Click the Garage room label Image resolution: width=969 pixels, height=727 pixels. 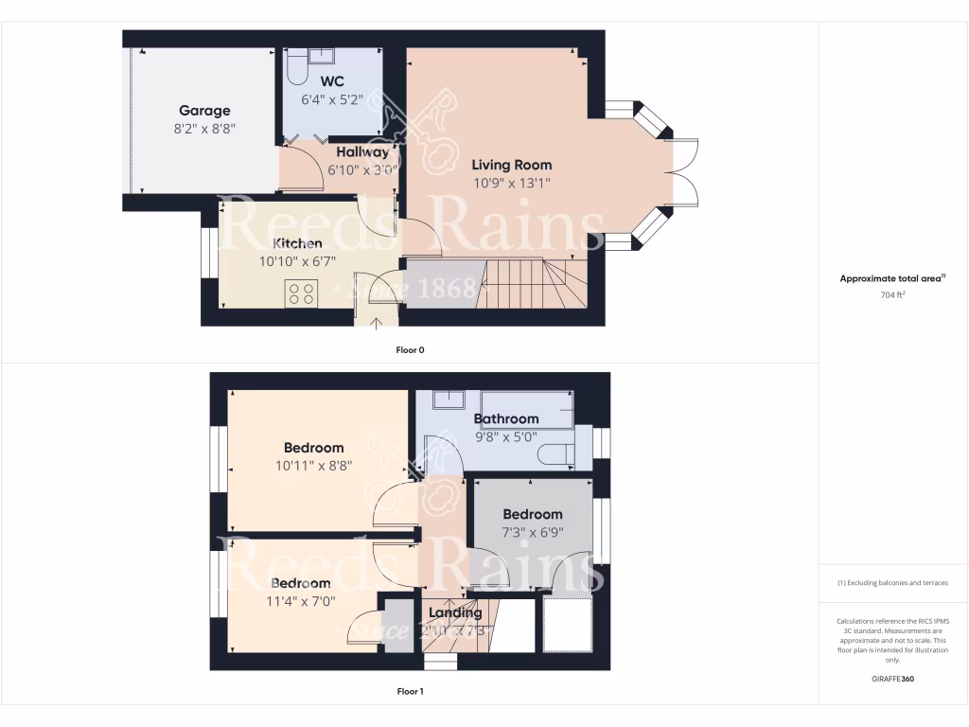(204, 111)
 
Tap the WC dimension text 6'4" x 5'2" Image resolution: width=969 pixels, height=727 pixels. (331, 98)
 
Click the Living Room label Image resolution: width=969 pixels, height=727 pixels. (511, 165)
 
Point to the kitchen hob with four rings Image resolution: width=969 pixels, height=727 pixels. (302, 294)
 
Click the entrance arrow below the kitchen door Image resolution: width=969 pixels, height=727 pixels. (377, 325)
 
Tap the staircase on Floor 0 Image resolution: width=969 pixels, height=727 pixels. (535, 284)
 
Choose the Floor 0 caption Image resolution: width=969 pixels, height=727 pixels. (410, 350)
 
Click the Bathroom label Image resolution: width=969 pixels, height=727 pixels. (506, 418)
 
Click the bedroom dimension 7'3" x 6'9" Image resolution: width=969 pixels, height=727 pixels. (533, 532)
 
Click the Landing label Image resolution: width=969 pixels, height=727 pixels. (455, 612)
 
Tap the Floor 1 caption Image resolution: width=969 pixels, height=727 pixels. (410, 692)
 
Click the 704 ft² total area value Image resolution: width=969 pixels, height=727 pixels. (893, 295)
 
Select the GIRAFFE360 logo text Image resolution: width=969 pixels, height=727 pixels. (894, 679)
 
